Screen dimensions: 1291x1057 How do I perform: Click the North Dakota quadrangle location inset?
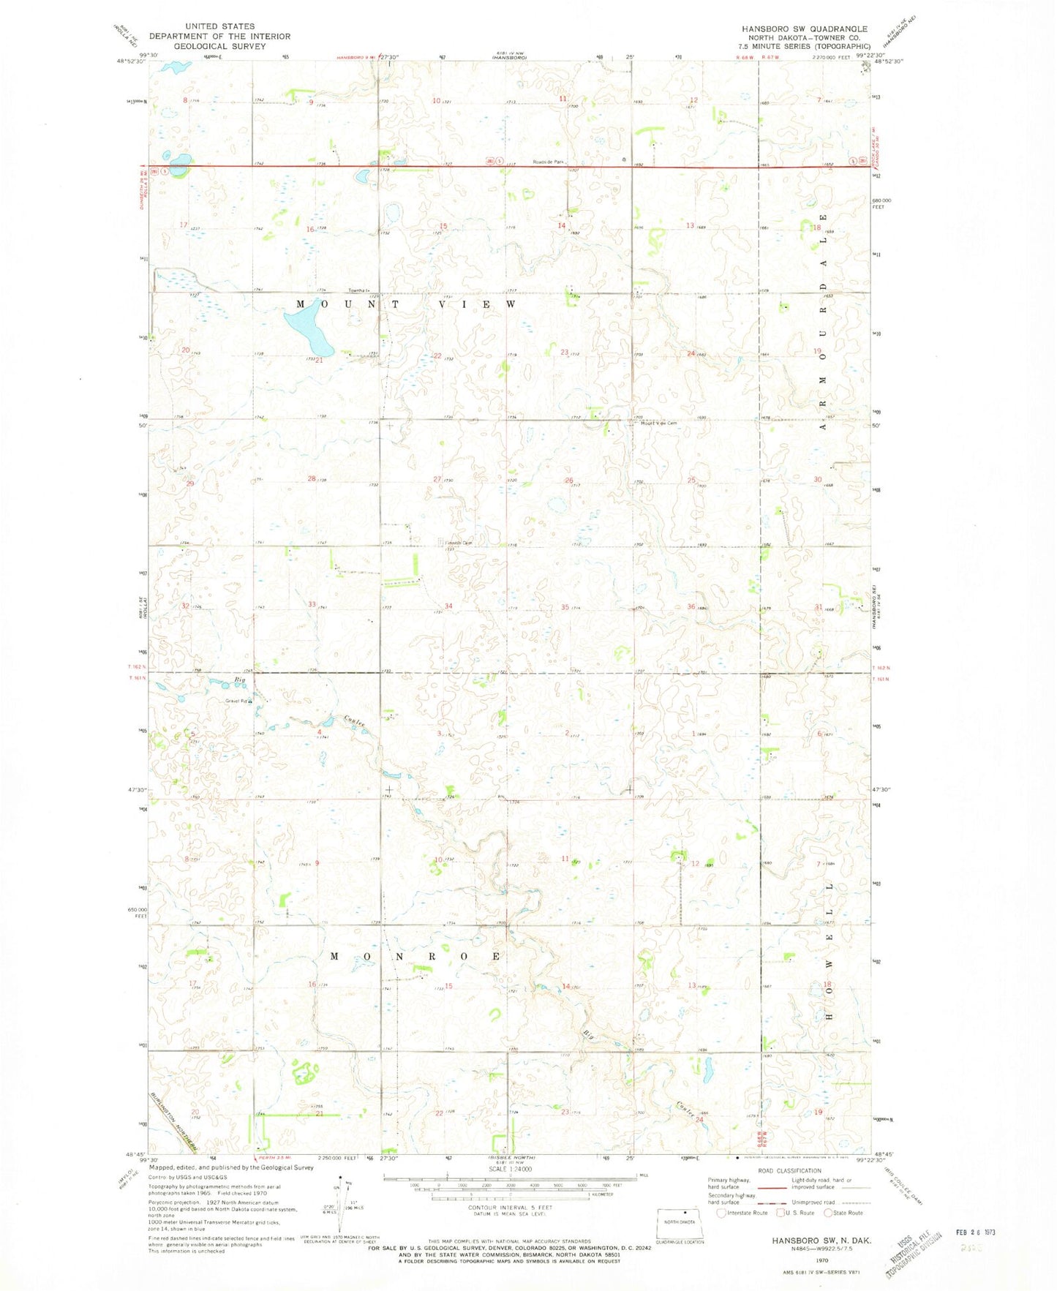click(x=680, y=1220)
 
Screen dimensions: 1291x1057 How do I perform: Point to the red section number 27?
click(x=437, y=480)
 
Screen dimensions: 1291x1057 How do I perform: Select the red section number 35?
click(x=565, y=607)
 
